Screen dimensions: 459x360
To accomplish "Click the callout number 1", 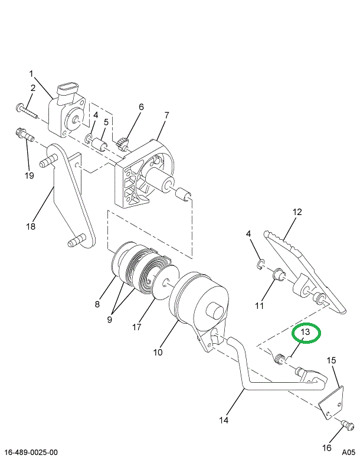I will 31,74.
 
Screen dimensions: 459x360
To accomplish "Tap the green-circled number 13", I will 306,333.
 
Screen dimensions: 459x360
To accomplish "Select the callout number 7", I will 167,115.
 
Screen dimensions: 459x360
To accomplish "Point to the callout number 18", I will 31,227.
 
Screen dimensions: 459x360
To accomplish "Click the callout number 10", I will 158,353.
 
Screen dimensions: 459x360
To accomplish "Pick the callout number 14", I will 224,421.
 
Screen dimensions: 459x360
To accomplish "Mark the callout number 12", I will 297,211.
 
